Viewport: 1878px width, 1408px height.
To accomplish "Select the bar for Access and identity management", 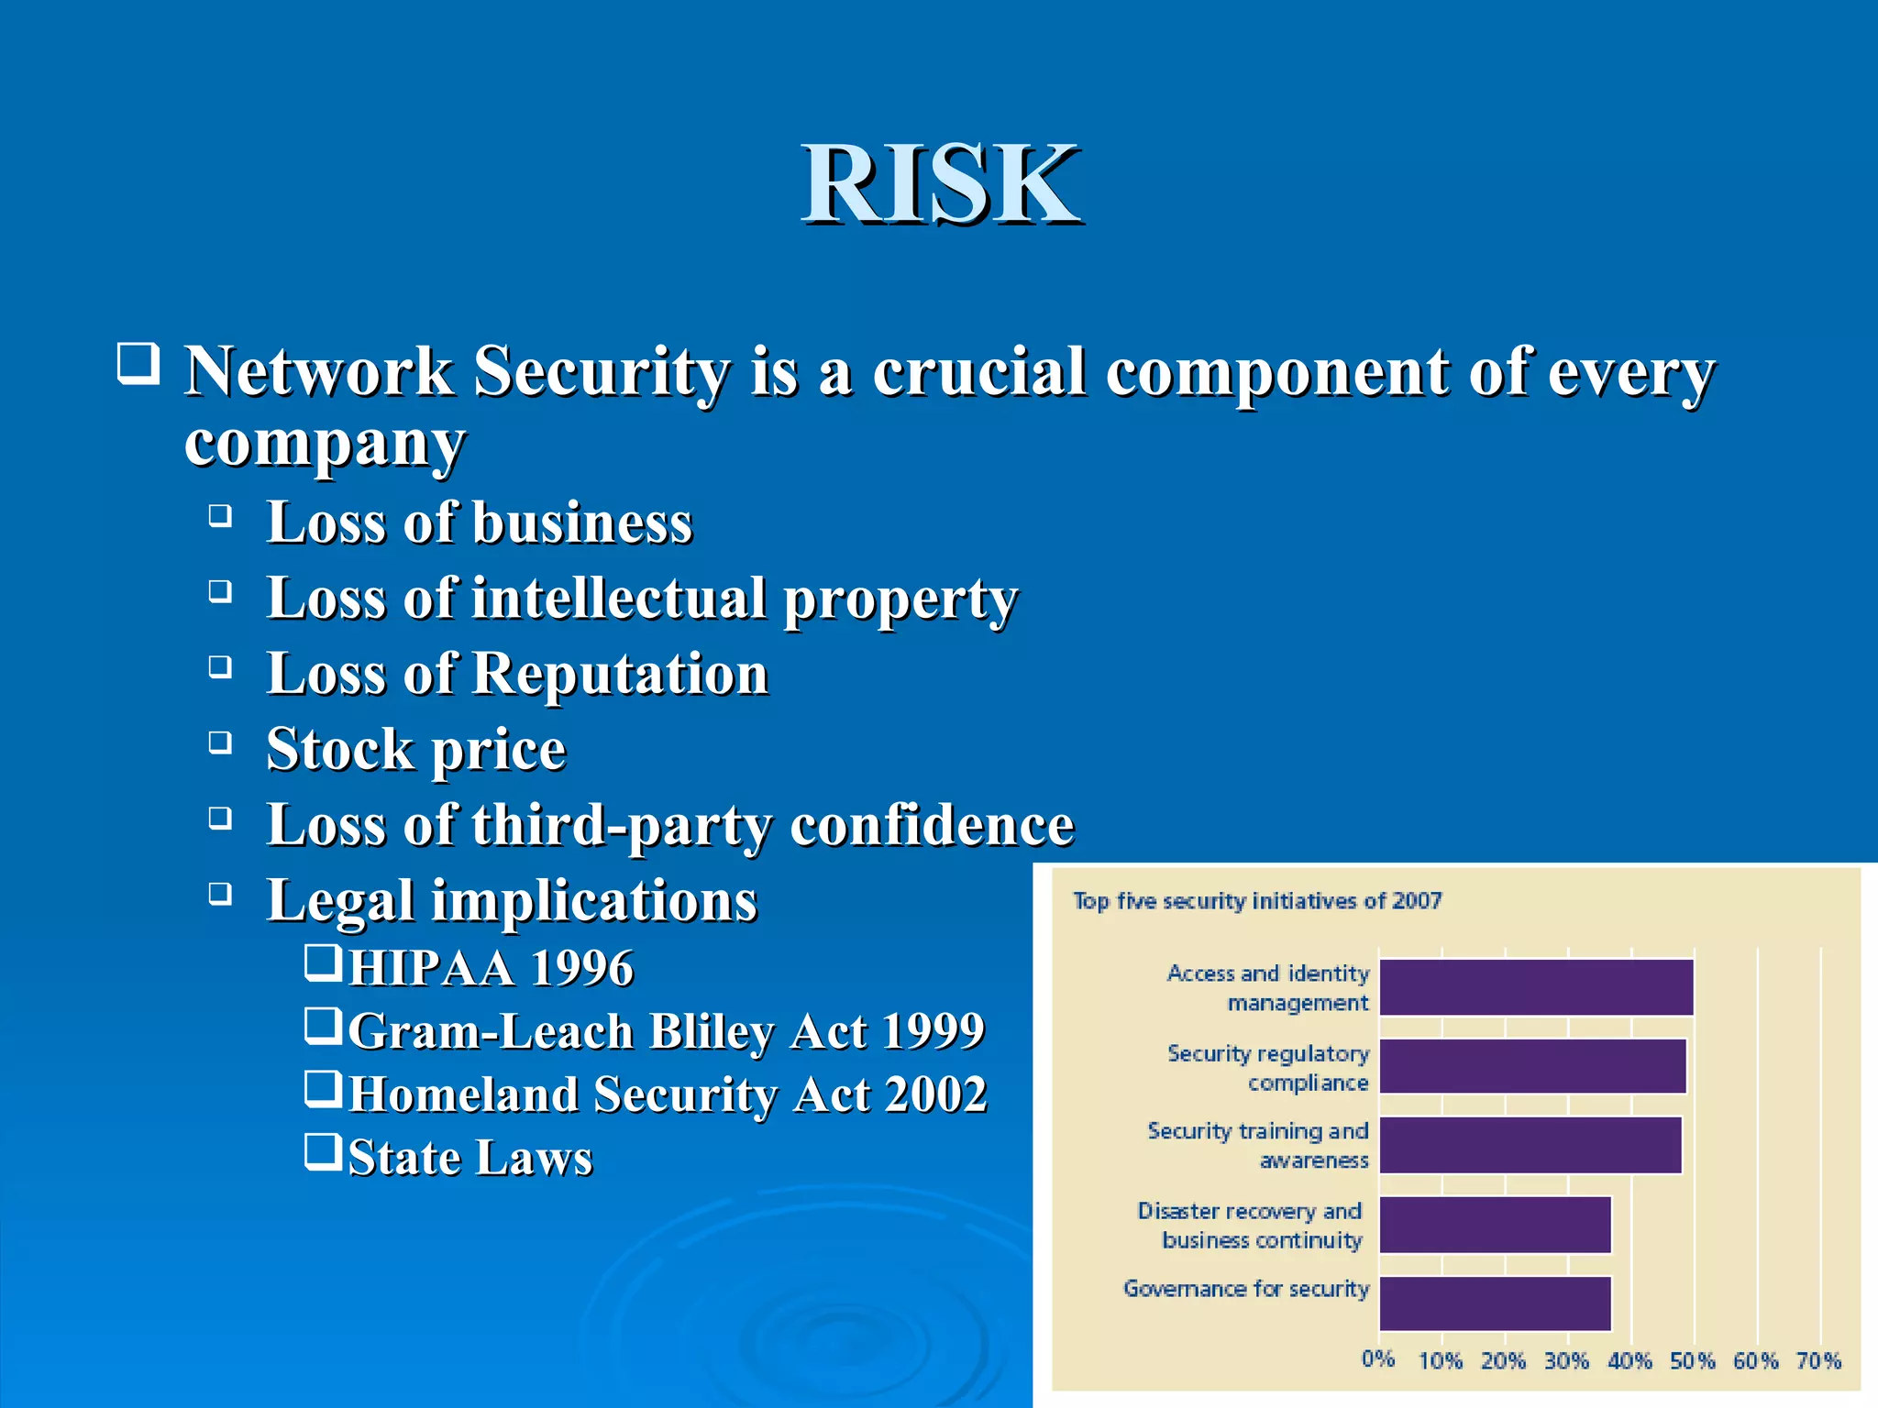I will [x=1536, y=987].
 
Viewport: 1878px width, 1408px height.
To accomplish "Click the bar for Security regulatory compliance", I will [x=1532, y=1066].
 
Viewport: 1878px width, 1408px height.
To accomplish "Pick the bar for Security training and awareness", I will [x=1530, y=1145].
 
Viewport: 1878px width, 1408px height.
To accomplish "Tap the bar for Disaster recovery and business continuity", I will [x=1495, y=1225].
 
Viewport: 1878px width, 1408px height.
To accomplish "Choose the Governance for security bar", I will [x=1495, y=1303].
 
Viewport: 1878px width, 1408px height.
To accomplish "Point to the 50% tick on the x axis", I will [x=1692, y=1361].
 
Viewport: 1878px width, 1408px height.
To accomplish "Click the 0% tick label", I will [x=1377, y=1359].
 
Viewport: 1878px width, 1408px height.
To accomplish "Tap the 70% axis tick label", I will [x=1818, y=1361].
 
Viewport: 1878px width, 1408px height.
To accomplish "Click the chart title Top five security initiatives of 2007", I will [x=1257, y=901].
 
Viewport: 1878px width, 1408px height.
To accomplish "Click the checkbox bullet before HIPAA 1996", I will [x=323, y=963].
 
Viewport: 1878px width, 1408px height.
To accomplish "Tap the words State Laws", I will [x=470, y=1158].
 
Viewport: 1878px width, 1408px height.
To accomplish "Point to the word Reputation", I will [x=620, y=674].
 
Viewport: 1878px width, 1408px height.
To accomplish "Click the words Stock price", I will [x=416, y=750].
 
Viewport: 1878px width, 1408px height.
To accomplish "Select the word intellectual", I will [x=618, y=599].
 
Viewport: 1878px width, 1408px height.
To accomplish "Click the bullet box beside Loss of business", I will [x=219, y=516].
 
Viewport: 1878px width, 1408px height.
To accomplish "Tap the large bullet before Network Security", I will [x=138, y=363].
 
